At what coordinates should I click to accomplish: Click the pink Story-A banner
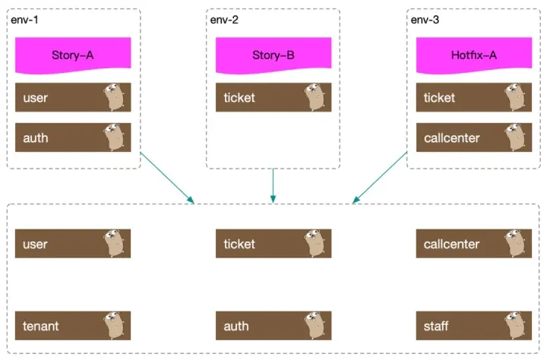coord(72,55)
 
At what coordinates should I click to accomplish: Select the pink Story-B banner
coord(273,55)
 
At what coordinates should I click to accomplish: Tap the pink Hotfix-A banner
coord(473,55)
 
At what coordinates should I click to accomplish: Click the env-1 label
coord(25,19)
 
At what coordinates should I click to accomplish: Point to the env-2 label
coord(226,19)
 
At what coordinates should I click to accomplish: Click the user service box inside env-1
coord(72,97)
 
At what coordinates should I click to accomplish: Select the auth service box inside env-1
coord(72,137)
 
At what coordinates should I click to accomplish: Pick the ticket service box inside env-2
coord(273,97)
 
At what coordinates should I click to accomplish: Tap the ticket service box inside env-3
coord(473,97)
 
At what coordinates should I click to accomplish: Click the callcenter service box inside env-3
coord(473,137)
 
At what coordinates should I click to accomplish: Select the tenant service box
coord(72,326)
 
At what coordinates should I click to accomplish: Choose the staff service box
coord(473,326)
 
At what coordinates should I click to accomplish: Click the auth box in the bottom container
coord(273,326)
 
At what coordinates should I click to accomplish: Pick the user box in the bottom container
coord(72,244)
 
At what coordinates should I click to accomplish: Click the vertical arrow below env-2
coord(273,185)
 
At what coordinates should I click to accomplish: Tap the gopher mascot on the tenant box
coord(115,326)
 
